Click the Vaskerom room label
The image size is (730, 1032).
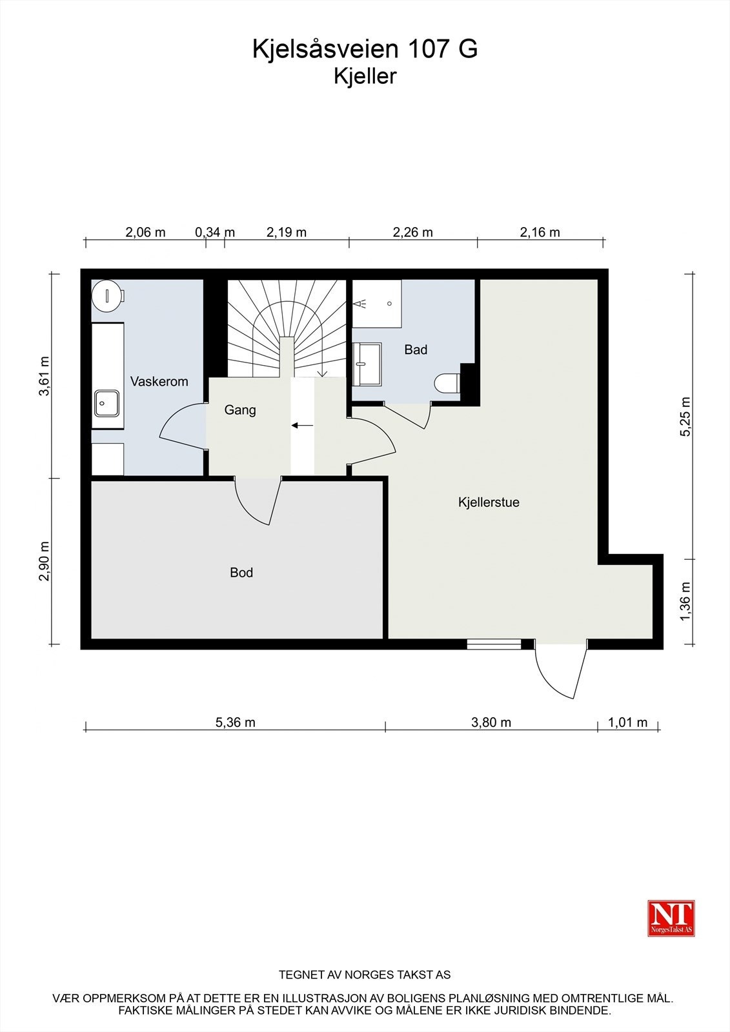(x=159, y=381)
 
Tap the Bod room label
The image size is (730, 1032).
(x=241, y=573)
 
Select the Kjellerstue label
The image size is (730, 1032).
(x=489, y=502)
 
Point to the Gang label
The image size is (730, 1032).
(x=240, y=410)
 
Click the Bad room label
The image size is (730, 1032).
(x=416, y=350)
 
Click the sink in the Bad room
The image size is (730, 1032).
(x=367, y=364)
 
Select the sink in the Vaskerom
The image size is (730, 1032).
(x=107, y=403)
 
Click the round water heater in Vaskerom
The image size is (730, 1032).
(x=107, y=295)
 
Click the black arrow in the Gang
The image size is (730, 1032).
(x=302, y=425)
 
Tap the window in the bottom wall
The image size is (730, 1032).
(x=494, y=644)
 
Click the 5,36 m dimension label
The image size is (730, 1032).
(x=235, y=722)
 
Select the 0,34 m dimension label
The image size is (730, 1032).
(x=215, y=232)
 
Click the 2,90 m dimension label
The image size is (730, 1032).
(x=45, y=561)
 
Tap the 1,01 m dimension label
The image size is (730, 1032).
(x=627, y=722)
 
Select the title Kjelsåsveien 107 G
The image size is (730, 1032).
(x=365, y=49)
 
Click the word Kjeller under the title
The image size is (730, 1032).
(x=365, y=77)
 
